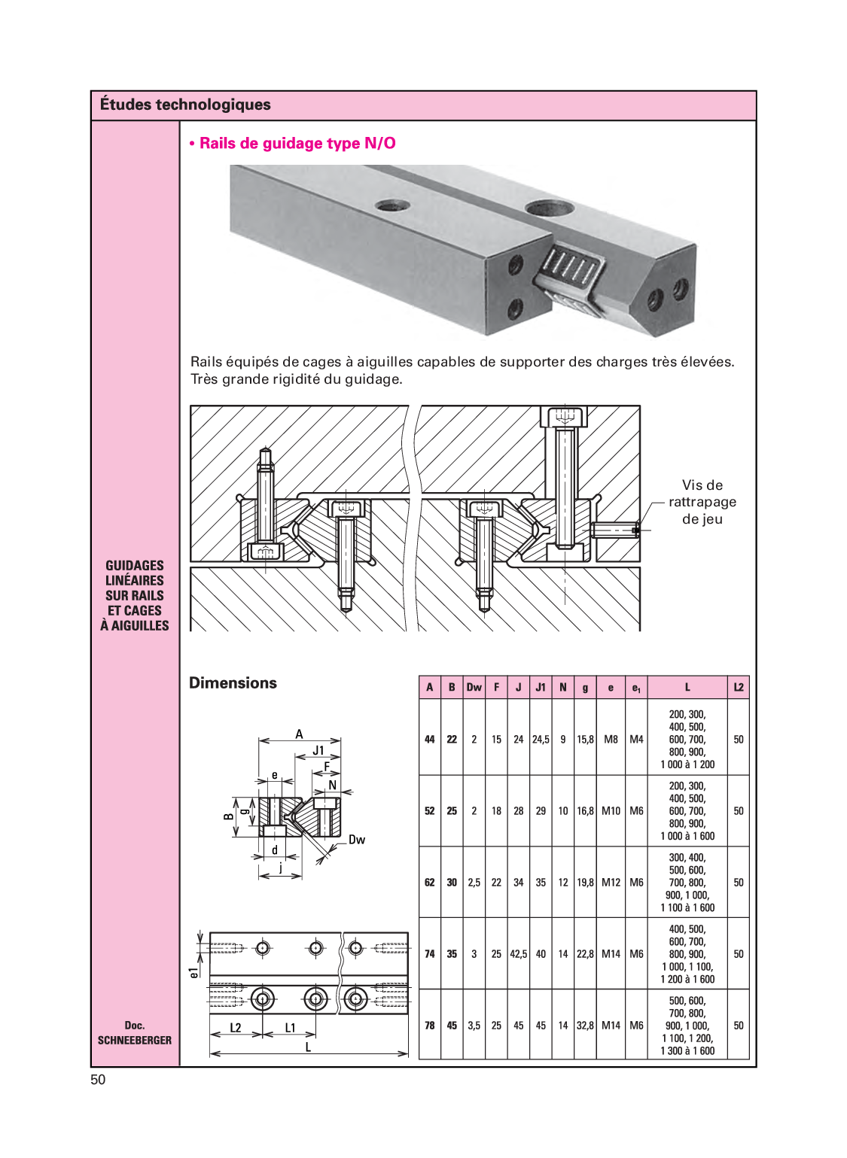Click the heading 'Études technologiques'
click(185, 105)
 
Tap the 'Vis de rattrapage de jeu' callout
click(702, 502)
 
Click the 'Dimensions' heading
click(233, 682)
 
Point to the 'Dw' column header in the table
click(474, 687)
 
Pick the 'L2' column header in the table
click(738, 687)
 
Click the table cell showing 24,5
click(541, 740)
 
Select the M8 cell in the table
click(611, 740)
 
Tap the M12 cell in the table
click(611, 883)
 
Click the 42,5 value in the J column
click(518, 954)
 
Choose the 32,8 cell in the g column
click(585, 1026)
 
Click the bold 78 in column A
click(430, 1026)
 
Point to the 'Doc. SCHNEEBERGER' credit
click(135, 1033)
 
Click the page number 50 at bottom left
click(98, 1080)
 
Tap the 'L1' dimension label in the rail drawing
click(290, 1028)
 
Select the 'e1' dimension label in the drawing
click(194, 972)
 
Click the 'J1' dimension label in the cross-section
click(318, 750)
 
